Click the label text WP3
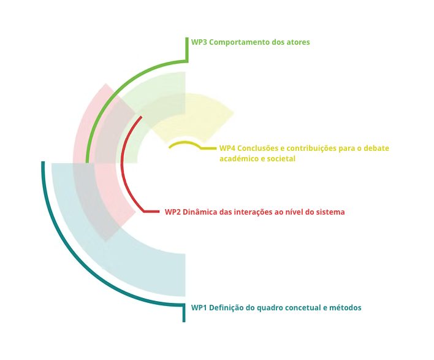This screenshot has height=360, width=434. (199, 42)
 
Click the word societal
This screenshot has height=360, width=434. (281, 159)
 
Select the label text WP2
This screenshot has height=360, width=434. (172, 212)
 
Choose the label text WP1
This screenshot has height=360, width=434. (199, 307)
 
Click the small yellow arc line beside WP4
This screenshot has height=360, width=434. (184, 144)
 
